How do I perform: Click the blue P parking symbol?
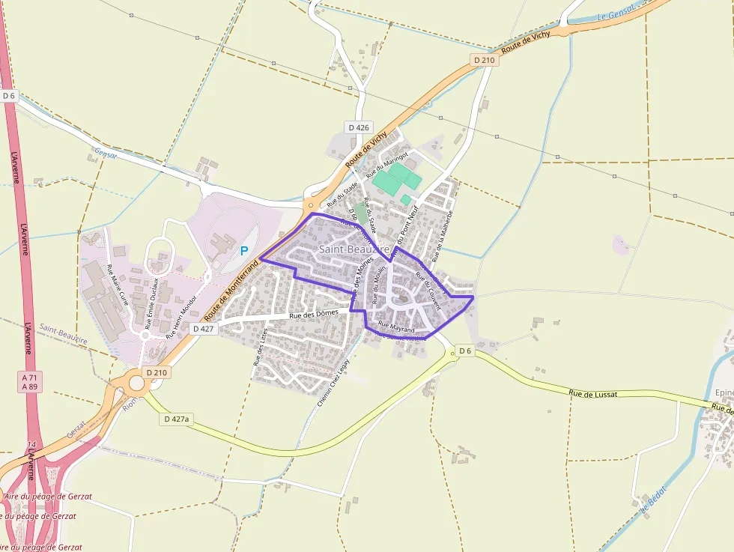point(243,252)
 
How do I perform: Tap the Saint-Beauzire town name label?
point(354,249)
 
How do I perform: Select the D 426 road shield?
point(360,127)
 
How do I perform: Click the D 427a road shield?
point(177,419)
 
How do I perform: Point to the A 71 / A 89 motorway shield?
point(30,382)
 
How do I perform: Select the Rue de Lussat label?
point(592,393)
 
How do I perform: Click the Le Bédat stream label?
point(652,503)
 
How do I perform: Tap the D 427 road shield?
point(203,328)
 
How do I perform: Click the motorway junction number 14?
point(30,445)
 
